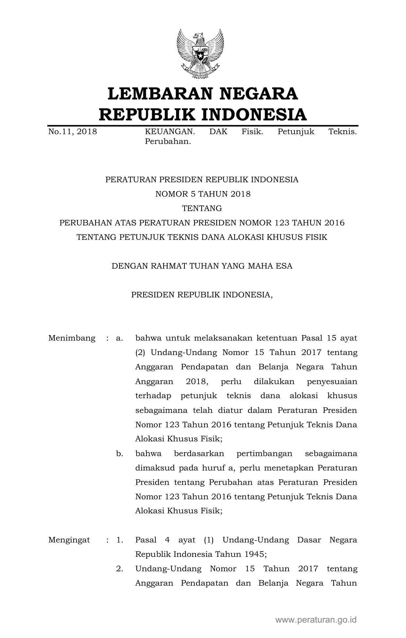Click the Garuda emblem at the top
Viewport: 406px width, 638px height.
(200, 54)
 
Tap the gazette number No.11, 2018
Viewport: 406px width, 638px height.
(73, 132)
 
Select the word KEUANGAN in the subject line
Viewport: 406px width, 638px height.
(170, 132)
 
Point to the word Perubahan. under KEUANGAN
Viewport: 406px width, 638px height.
(168, 142)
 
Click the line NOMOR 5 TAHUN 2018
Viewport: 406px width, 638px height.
(203, 194)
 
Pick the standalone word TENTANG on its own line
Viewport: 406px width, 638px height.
(202, 208)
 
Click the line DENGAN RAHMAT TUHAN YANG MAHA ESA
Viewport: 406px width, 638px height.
(202, 266)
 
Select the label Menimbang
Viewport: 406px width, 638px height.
(72, 338)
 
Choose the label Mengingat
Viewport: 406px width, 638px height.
(69, 540)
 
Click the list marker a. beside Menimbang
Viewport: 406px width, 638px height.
(119, 338)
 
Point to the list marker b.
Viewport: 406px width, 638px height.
(119, 453)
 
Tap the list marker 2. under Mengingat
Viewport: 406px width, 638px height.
(119, 569)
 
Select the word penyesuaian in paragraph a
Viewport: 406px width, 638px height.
(332, 381)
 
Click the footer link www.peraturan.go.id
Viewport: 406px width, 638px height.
(316, 619)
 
